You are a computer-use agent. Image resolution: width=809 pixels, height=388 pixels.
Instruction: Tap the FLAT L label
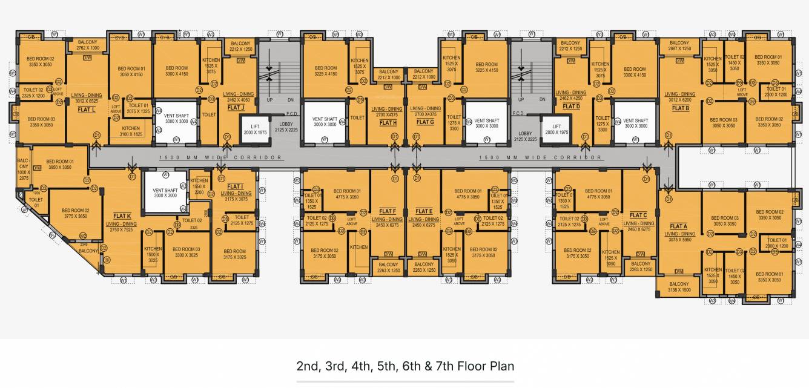pyautogui.click(x=87, y=110)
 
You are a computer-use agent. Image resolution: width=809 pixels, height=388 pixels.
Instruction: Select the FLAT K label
pyautogui.click(x=122, y=216)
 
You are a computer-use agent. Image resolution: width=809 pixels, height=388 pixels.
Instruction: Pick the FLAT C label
pyautogui.click(x=638, y=215)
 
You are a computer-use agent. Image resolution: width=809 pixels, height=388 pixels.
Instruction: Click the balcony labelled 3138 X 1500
pyautogui.click(x=679, y=288)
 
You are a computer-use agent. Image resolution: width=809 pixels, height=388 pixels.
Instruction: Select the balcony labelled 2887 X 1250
pyautogui.click(x=679, y=46)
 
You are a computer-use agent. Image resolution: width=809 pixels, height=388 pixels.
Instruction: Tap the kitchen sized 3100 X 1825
pyautogui.click(x=131, y=131)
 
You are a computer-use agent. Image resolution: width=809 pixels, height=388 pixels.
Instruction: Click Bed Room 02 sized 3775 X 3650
pyautogui.click(x=76, y=214)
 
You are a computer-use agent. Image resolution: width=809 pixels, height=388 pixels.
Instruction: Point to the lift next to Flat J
pyautogui.click(x=255, y=130)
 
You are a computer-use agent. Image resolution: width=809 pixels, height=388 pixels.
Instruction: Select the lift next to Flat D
pyautogui.click(x=556, y=130)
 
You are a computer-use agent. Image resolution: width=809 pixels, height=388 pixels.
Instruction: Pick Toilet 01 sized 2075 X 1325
pyautogui.click(x=138, y=108)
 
